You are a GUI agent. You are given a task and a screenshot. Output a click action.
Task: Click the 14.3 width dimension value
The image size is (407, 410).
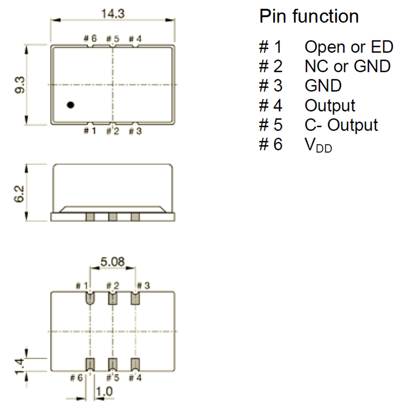[113, 14]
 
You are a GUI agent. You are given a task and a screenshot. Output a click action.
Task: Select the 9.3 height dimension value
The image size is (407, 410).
[19, 85]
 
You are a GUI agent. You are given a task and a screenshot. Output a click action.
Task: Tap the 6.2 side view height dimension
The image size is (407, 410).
[19, 194]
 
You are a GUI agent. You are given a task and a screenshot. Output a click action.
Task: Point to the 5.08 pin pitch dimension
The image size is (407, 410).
[112, 262]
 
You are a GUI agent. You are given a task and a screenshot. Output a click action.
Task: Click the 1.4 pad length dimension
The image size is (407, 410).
[19, 366]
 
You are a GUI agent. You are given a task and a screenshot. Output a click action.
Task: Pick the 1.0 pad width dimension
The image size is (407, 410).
[104, 391]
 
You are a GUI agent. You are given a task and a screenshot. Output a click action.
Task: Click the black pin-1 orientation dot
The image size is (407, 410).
[71, 105]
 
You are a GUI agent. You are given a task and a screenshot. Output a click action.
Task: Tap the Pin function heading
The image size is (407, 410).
[309, 16]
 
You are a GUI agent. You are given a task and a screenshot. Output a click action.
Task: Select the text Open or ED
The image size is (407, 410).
[349, 47]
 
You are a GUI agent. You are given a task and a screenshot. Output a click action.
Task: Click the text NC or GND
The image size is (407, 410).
[348, 66]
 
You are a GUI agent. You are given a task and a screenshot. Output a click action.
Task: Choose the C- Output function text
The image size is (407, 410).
[341, 125]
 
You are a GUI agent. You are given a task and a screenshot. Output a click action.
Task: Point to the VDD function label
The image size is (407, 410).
[318, 145]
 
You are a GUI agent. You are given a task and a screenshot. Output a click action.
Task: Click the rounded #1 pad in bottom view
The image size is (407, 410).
[90, 298]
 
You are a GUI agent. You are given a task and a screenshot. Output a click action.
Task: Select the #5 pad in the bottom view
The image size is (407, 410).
[113, 364]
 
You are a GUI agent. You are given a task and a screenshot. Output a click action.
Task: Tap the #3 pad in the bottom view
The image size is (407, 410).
[135, 298]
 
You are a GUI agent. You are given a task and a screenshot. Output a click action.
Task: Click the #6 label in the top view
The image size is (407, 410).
[90, 39]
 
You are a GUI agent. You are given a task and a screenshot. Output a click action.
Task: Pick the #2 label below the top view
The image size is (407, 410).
[113, 131]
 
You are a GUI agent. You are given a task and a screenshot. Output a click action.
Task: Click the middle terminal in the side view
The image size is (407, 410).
[113, 217]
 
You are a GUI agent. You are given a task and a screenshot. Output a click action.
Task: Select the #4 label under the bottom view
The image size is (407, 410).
[135, 378]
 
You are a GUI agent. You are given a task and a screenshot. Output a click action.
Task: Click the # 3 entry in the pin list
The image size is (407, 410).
[271, 86]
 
